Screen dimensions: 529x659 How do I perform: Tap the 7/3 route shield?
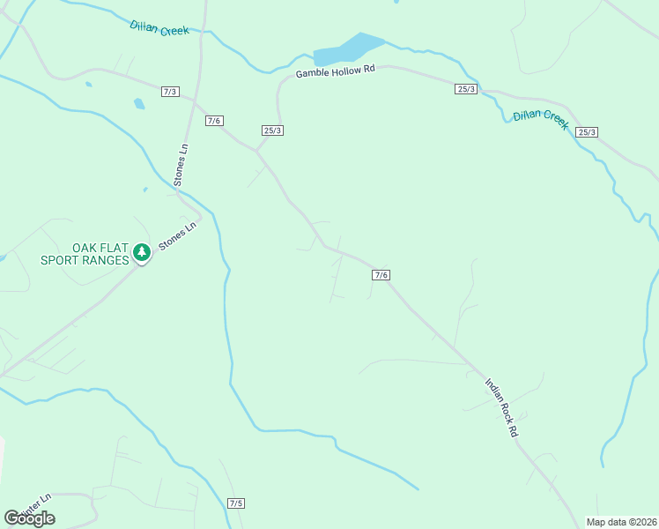pyautogui.click(x=171, y=92)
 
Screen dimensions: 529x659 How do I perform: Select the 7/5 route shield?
pyautogui.click(x=235, y=503)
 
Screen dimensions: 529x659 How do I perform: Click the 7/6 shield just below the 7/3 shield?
pyautogui.click(x=213, y=121)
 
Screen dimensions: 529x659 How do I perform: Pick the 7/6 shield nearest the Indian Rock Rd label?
pyautogui.click(x=381, y=275)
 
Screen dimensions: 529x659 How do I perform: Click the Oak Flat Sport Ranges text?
pyautogui.click(x=85, y=254)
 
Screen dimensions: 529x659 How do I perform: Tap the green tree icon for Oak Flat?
pyautogui.click(x=141, y=254)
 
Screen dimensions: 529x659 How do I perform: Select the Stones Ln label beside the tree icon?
pyautogui.click(x=177, y=235)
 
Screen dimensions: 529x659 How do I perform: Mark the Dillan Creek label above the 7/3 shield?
pyautogui.click(x=159, y=28)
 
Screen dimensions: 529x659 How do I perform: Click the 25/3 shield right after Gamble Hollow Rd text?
pyautogui.click(x=466, y=89)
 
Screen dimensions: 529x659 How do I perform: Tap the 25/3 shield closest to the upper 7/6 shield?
pyautogui.click(x=272, y=130)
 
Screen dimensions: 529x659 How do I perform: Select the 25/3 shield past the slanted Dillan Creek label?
pyautogui.click(x=587, y=132)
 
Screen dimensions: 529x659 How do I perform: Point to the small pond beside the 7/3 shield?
pyautogui.click(x=139, y=104)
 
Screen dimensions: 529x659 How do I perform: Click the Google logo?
pyautogui.click(x=29, y=518)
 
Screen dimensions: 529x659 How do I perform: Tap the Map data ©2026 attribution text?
pyautogui.click(x=621, y=522)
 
